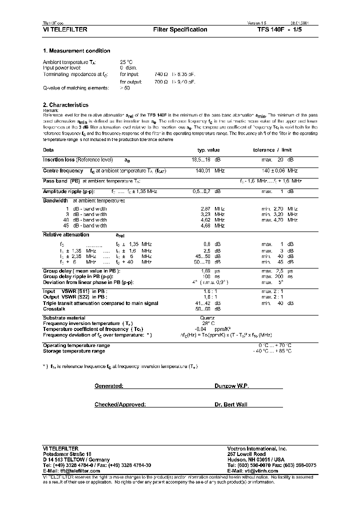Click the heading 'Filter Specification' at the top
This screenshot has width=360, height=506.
pyautogui.click(x=180, y=29)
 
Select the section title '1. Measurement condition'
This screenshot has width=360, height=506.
pyautogui.click(x=76, y=51)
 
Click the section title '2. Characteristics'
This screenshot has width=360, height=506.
pyautogui.click(x=65, y=105)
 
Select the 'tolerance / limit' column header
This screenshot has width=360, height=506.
pyautogui.click(x=272, y=150)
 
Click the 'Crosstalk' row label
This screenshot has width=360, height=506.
pyautogui.click(x=54, y=309)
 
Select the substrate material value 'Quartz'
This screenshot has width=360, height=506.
pyautogui.click(x=207, y=318)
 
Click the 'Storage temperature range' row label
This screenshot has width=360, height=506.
pyautogui.click(x=73, y=351)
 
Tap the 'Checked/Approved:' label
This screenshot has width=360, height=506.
pyautogui.click(x=120, y=404)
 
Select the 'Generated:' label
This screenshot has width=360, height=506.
pyautogui.click(x=109, y=386)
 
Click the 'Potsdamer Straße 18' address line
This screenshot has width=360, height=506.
pyautogui.click(x=67, y=453)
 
